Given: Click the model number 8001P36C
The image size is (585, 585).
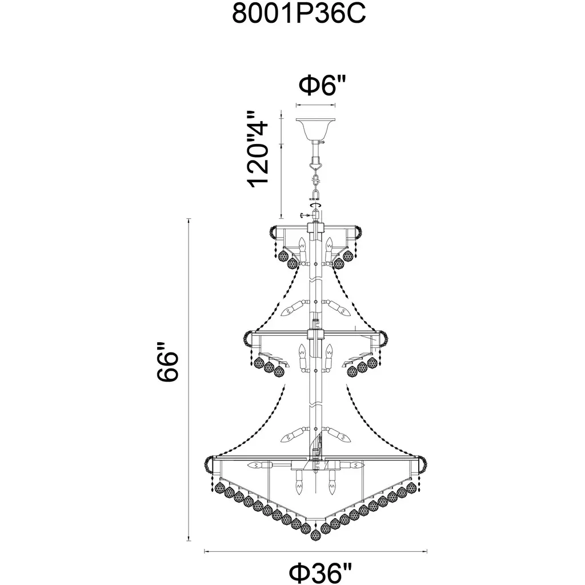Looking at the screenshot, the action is tap(299, 14).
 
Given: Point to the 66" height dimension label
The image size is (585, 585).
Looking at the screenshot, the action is tap(168, 361).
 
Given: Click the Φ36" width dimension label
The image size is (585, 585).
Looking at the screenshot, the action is tap(321, 572).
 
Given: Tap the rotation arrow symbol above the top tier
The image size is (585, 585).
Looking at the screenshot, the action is tap(315, 205).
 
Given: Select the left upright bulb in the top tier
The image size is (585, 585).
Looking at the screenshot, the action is tap(303, 248).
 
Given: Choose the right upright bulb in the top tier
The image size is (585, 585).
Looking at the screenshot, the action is tap(328, 248).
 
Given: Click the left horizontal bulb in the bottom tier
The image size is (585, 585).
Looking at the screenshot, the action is tap(261, 465).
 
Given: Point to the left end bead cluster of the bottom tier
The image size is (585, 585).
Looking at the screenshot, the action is tap(208, 464).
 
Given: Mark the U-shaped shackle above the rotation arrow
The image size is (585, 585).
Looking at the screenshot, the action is tap(315, 195).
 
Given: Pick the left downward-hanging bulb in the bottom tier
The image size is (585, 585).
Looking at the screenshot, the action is tap(299, 482).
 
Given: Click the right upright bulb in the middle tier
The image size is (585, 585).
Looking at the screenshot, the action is tap(328, 356).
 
